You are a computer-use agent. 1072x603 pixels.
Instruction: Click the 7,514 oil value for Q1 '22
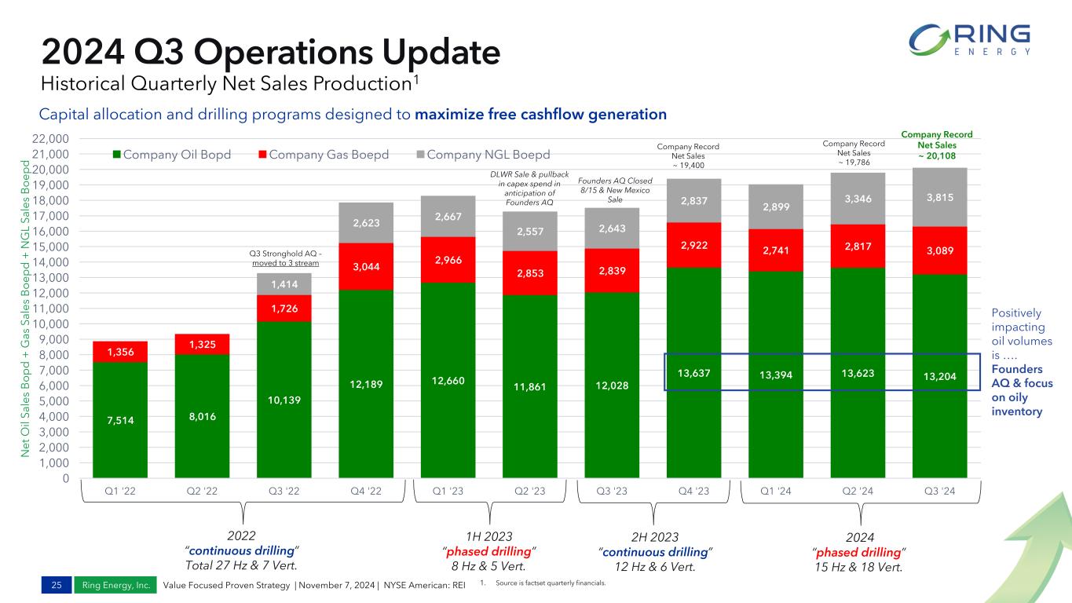click(121, 420)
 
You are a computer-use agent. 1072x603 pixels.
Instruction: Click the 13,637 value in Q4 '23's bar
click(692, 373)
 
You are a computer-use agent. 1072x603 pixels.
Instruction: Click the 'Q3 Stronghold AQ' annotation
click(284, 258)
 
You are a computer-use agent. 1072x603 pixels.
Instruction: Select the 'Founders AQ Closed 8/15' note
click(609, 190)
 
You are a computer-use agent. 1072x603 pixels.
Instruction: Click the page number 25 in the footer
click(57, 585)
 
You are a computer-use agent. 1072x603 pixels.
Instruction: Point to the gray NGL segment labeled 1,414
click(285, 283)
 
